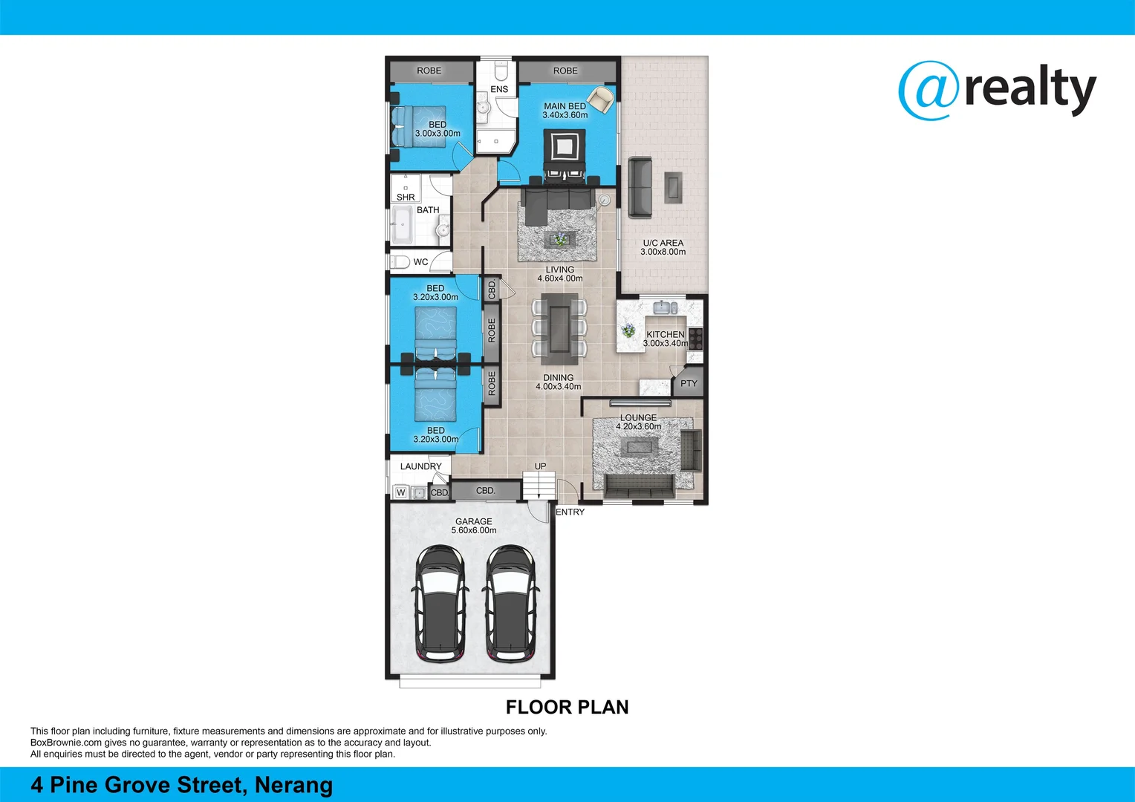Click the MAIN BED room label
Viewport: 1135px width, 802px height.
[565, 106]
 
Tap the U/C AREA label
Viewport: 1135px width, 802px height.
[663, 243]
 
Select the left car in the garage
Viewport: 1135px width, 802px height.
[440, 603]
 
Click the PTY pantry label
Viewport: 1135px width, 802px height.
[689, 384]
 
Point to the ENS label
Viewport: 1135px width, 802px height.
[499, 89]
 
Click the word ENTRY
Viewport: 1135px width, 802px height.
[570, 512]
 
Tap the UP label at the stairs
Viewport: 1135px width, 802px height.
[540, 466]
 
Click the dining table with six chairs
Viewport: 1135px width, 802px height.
[559, 327]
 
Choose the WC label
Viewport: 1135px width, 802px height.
[420, 262]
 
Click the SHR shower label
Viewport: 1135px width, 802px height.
[406, 198]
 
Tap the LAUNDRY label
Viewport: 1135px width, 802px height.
[420, 466]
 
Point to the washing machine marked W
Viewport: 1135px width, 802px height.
[401, 492]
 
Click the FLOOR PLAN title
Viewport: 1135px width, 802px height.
[567, 707]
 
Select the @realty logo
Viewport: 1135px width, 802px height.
[997, 90]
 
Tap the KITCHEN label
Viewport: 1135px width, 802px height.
[665, 334]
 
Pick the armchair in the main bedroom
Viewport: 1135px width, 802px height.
[600, 97]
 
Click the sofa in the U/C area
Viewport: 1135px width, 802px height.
[640, 187]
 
